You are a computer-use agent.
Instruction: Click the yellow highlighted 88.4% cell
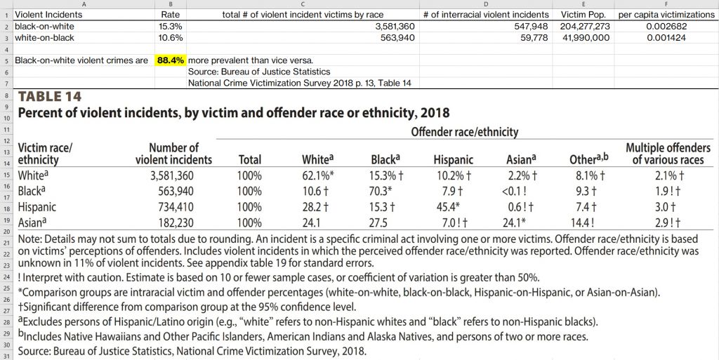[171, 60]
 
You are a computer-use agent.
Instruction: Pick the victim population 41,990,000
[586, 38]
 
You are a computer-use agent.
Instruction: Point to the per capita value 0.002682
[665, 26]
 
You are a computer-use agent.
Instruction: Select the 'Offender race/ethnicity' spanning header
[464, 131]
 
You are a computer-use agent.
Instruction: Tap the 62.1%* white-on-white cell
[317, 175]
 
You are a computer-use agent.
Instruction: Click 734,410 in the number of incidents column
[185, 206]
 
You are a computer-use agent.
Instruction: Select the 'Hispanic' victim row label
[37, 207]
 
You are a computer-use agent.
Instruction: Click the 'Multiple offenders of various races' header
[668, 154]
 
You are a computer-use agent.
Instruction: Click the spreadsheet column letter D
[486, 4]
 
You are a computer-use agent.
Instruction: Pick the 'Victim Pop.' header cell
[584, 14]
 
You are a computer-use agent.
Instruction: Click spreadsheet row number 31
[6, 356]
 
